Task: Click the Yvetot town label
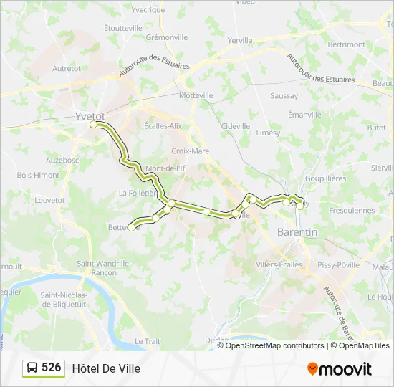(x=90, y=115)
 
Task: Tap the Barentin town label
(x=297, y=232)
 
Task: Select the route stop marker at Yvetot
(x=94, y=125)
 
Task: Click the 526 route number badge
(x=44, y=368)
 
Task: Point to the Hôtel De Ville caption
(x=106, y=368)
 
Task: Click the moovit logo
(x=340, y=369)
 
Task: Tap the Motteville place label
(x=196, y=95)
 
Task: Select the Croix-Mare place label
(x=191, y=151)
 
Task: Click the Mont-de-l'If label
(x=165, y=168)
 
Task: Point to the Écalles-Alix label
(x=163, y=125)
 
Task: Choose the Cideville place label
(x=236, y=126)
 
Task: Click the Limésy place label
(x=268, y=133)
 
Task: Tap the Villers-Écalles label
(x=279, y=264)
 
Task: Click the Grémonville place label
(x=166, y=37)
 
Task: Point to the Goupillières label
(x=325, y=178)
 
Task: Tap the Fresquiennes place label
(x=352, y=211)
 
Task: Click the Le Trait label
(x=148, y=341)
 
